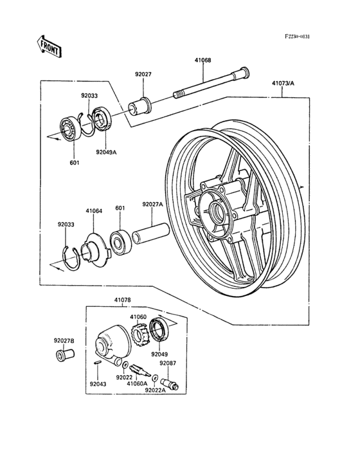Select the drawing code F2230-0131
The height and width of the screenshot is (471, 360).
pos(298,37)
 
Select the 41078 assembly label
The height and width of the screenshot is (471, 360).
pos(123,300)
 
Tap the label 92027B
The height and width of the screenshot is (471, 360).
pos(64,340)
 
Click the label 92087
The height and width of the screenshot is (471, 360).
pos(168,364)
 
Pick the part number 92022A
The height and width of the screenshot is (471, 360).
pos(155,390)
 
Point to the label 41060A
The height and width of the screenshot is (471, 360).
pos(136,383)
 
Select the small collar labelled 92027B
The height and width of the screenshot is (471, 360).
pos(64,354)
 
